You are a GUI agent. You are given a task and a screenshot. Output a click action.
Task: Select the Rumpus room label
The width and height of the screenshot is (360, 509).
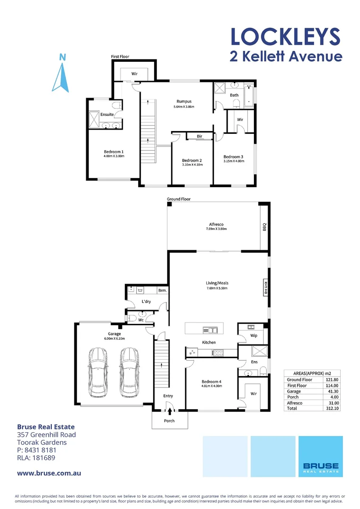tap(184, 101)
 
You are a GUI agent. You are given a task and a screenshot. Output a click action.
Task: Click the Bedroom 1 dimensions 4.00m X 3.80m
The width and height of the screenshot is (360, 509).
tap(114, 156)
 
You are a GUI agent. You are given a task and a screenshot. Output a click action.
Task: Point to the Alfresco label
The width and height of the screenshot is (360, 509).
tap(216, 224)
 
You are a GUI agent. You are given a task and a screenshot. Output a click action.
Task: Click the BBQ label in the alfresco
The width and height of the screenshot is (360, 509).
tap(264, 227)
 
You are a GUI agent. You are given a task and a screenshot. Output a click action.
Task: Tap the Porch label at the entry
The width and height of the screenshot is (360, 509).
tap(169, 421)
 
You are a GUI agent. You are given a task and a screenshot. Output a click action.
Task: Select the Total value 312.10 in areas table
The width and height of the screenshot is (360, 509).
tap(332, 409)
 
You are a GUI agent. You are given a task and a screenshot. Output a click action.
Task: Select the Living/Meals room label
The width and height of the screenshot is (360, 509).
tap(217, 283)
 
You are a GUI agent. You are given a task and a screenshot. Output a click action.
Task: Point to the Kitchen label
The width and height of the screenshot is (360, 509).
tap(209, 342)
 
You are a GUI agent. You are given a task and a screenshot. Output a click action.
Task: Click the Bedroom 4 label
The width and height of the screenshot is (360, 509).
tap(211, 381)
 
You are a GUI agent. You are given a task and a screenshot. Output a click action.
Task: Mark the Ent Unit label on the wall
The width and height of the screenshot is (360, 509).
tap(266, 287)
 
